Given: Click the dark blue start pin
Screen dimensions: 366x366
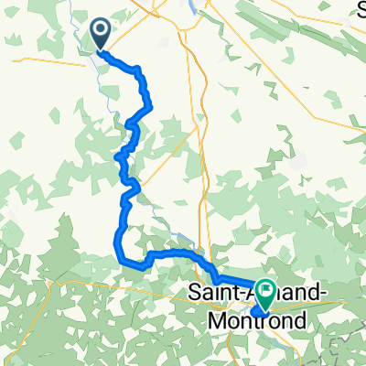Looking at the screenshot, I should pyautogui.click(x=100, y=35).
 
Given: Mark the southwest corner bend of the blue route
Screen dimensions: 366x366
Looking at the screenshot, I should pyautogui.click(x=118, y=253).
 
